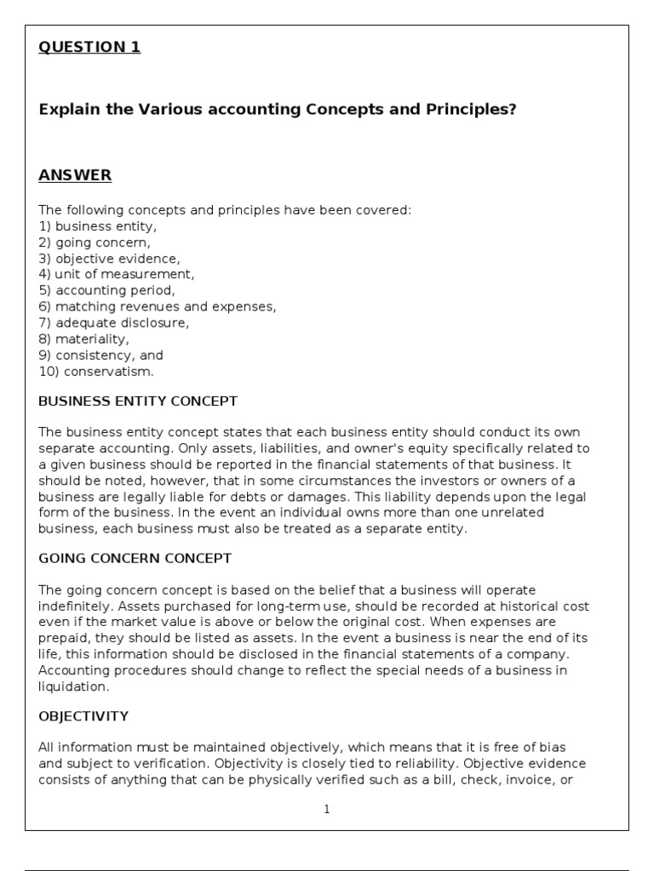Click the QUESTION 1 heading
click(89, 48)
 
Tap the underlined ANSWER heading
click(75, 176)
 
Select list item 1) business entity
click(98, 226)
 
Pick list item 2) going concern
click(95, 242)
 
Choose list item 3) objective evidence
click(109, 259)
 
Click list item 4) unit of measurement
click(117, 275)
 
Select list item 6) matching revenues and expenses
click(158, 307)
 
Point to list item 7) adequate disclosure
click(114, 323)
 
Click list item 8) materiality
click(84, 339)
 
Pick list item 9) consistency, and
click(100, 356)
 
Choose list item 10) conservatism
click(96, 372)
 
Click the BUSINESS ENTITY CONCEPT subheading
click(138, 401)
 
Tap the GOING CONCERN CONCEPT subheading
click(135, 559)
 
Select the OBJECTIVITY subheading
click(83, 717)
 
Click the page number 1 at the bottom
click(327, 810)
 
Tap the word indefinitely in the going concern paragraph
click(76, 606)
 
